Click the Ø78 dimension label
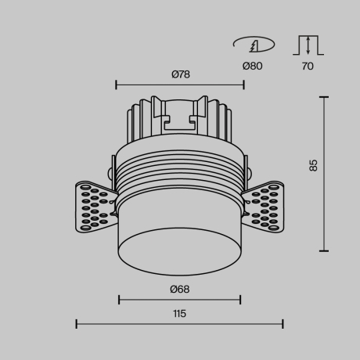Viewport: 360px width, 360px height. [180, 74]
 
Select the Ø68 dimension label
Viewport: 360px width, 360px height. [179, 289]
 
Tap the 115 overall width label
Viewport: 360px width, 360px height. [179, 314]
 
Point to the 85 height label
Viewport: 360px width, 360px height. [313, 165]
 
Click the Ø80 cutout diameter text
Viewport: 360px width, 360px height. [252, 67]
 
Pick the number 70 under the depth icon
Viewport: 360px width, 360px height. [307, 67]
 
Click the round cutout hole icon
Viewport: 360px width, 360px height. [251, 45]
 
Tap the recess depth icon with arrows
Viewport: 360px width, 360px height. [307, 45]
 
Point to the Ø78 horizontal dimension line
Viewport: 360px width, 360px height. [179, 85]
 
